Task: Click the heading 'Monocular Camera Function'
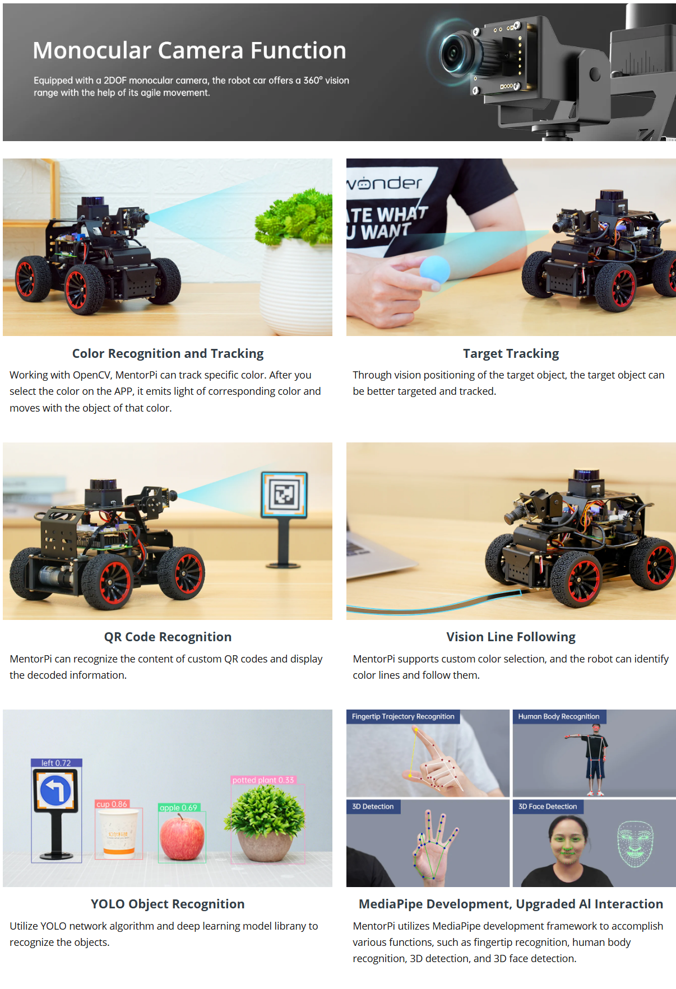189,50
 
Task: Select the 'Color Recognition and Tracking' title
168,353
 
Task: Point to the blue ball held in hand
434,270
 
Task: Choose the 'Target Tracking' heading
511,353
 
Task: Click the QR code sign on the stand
284,494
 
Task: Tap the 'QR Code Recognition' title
168,637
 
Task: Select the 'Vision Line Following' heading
511,637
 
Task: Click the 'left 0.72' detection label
56,763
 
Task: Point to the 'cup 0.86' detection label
112,804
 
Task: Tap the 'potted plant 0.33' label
263,780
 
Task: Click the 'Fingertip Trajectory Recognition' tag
403,716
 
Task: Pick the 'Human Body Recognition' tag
559,716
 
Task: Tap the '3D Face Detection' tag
548,806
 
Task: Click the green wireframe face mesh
636,843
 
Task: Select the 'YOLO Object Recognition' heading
168,904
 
